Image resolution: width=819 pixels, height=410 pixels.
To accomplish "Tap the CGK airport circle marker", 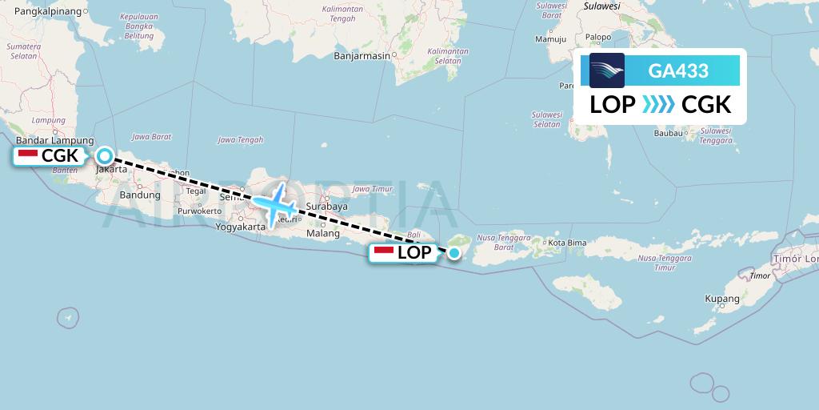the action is pyautogui.click(x=105, y=156).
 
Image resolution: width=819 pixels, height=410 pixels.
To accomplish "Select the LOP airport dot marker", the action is pyautogui.click(x=454, y=254).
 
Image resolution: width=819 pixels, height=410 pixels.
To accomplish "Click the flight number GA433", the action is pyautogui.click(x=678, y=71).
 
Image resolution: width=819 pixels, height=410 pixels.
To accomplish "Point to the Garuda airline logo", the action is pyautogui.click(x=607, y=70).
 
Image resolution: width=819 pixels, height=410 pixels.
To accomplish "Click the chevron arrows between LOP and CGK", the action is pyautogui.click(x=658, y=105).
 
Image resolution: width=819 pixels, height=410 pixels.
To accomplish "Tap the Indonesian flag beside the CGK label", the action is pyautogui.click(x=28, y=155).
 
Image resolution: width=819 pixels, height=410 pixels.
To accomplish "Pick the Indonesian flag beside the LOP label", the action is pyautogui.click(x=385, y=252).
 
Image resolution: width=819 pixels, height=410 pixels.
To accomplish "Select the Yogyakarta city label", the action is pyautogui.click(x=240, y=227).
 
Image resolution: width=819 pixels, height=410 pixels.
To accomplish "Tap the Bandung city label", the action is pyautogui.click(x=140, y=195).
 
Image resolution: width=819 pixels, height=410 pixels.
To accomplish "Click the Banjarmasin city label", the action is pyautogui.click(x=362, y=56).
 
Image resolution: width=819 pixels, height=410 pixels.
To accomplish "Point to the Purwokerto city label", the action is pyautogui.click(x=200, y=211).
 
